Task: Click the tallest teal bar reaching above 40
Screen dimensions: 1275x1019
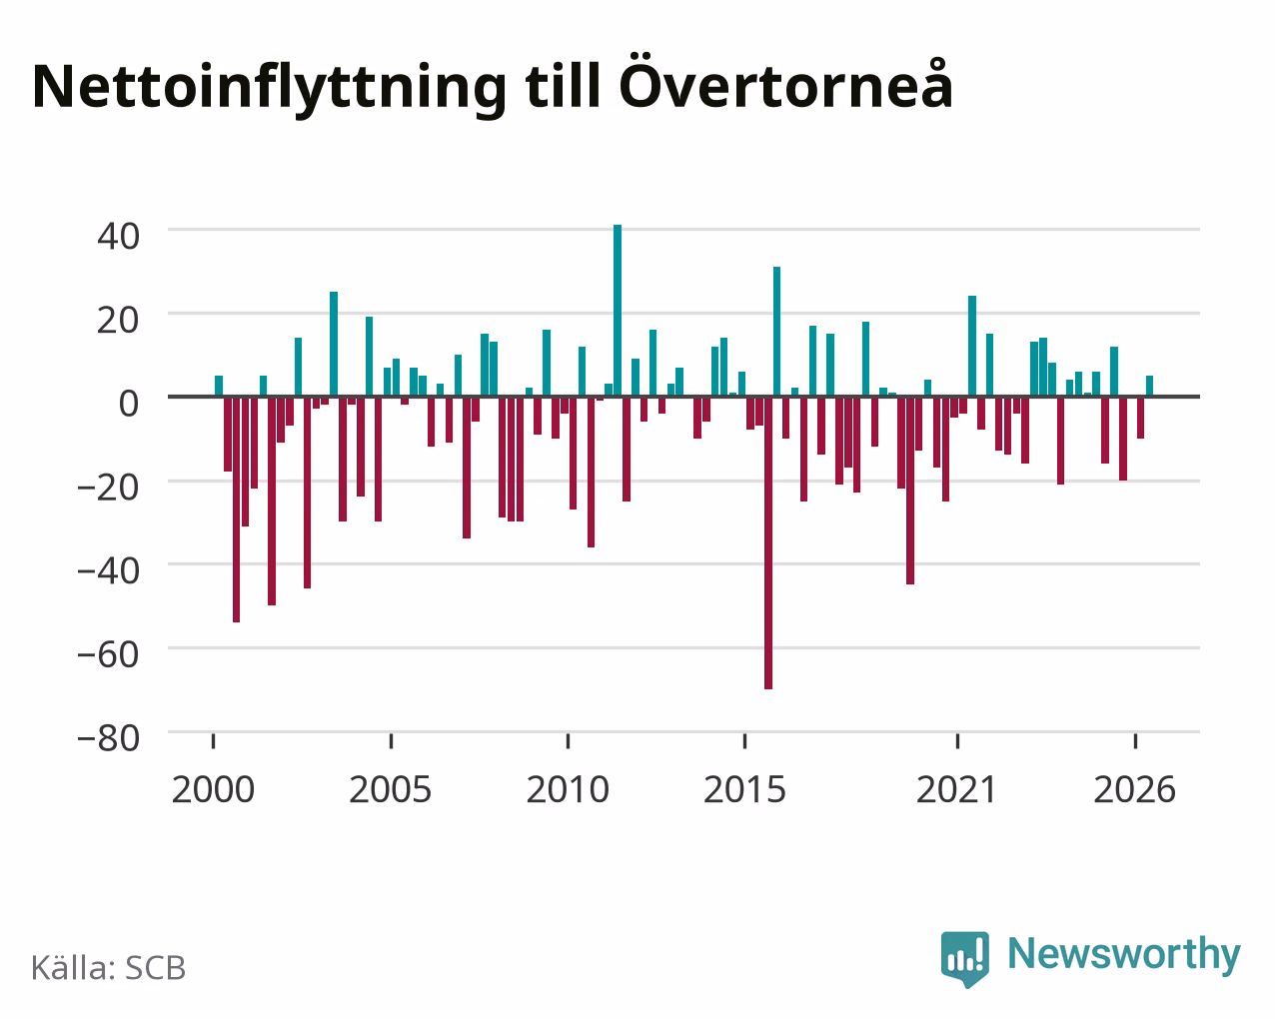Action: tap(618, 311)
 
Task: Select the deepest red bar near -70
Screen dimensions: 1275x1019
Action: tap(768, 542)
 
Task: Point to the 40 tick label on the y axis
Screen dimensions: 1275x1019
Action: tap(119, 236)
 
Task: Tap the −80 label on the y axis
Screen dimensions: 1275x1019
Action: tap(109, 738)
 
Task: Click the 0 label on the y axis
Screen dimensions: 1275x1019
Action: tap(129, 404)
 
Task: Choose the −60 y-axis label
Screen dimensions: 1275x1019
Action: tap(109, 654)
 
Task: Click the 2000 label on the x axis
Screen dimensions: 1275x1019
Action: tap(213, 789)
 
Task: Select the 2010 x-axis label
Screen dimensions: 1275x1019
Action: tap(568, 789)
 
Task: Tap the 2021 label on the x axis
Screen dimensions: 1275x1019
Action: tap(957, 789)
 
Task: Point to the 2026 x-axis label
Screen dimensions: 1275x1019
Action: tap(1134, 789)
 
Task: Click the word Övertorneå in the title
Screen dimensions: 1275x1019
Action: tap(786, 86)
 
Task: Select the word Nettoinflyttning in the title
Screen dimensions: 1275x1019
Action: tap(270, 89)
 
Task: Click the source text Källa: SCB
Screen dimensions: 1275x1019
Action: tap(109, 968)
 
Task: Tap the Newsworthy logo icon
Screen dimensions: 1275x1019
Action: tap(964, 958)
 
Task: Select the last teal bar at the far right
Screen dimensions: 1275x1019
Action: tap(1149, 386)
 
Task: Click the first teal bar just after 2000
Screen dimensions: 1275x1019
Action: tap(219, 386)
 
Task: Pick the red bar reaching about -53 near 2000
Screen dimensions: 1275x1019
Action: tap(237, 509)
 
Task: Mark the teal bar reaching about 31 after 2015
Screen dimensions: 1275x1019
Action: tap(776, 332)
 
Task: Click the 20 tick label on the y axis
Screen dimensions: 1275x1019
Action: tap(119, 320)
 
